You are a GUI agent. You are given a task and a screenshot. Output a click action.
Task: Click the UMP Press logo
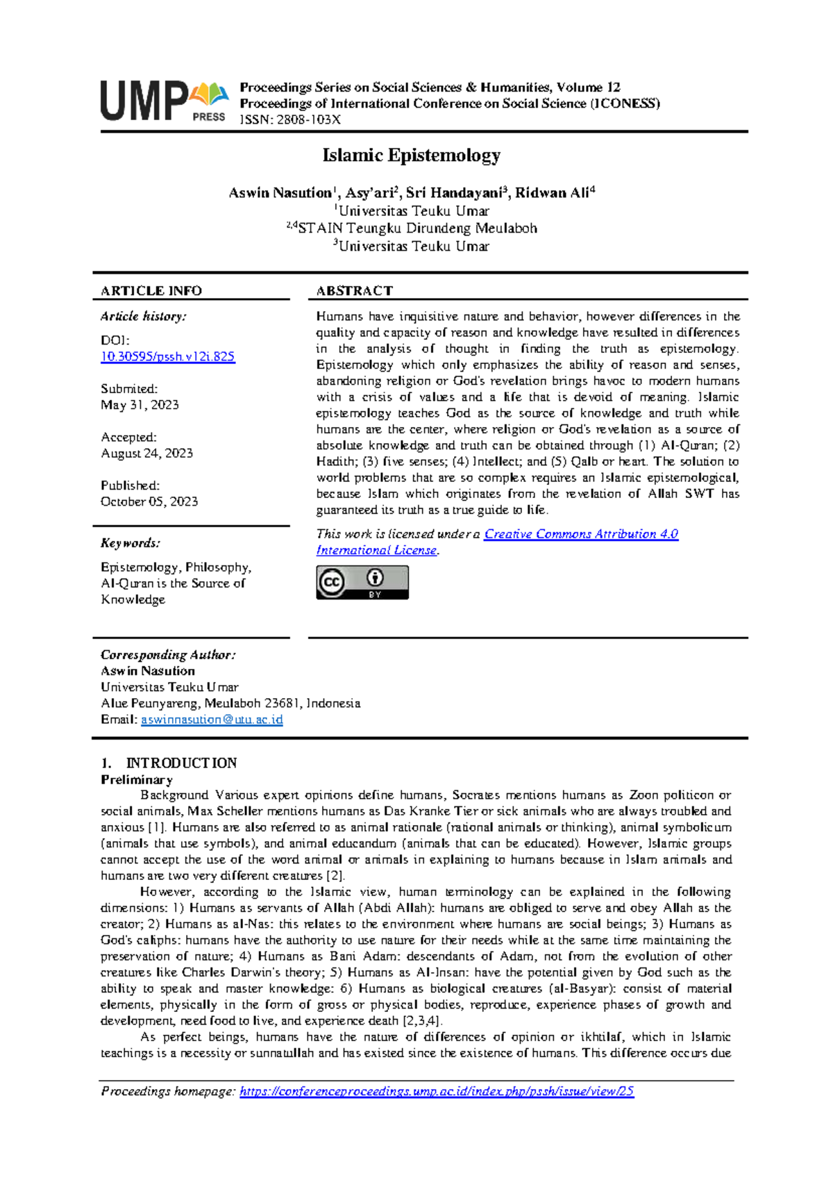165,101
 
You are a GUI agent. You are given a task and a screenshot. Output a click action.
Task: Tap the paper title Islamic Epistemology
411,155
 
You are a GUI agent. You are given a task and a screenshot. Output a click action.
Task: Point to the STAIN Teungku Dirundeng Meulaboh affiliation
416,229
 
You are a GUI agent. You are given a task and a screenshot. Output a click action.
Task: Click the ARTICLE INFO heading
151,291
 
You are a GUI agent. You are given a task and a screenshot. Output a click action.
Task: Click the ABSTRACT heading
354,291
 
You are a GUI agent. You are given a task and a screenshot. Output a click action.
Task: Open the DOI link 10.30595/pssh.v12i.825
168,356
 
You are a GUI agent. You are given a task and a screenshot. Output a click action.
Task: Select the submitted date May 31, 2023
140,405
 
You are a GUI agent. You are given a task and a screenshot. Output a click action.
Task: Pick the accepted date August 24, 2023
146,454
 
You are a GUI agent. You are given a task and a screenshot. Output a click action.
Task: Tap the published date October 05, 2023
149,501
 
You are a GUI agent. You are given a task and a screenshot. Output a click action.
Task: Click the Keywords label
131,543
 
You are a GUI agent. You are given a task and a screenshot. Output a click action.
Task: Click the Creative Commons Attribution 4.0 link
580,534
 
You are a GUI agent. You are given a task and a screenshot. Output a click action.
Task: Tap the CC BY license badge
362,582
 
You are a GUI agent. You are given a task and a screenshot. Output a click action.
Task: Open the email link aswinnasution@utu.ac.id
212,720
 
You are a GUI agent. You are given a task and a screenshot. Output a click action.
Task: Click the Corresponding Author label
168,655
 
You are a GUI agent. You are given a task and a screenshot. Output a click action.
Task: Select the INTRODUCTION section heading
181,763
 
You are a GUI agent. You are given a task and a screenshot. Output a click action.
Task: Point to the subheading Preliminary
137,779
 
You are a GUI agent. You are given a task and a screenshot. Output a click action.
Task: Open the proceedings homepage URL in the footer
437,1091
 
